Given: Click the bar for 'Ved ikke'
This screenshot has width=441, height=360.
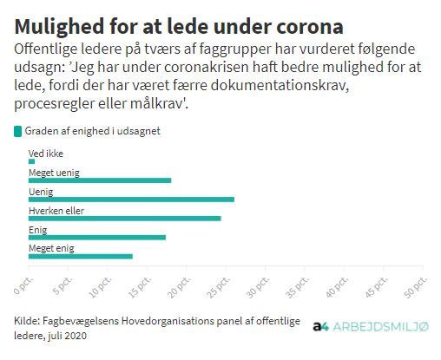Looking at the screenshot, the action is (31, 161).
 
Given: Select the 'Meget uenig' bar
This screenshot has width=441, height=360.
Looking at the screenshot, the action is (100, 180).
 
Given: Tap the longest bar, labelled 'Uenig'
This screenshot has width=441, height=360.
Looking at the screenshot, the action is (131, 200).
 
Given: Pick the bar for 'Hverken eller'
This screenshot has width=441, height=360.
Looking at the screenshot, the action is (125, 219).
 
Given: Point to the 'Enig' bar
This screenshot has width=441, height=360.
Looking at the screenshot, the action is (97, 238).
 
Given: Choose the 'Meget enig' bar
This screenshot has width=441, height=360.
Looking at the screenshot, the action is (81, 257).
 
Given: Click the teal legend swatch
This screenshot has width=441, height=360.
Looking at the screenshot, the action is (17, 131).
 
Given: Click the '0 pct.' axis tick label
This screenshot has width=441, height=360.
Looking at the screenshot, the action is (23, 285).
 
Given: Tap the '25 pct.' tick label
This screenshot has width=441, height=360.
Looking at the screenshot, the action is (219, 287).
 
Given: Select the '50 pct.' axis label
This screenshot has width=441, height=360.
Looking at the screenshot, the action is (416, 287).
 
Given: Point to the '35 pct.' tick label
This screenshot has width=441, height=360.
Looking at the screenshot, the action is (298, 287).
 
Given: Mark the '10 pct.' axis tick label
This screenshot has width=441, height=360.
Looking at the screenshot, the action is (100, 287).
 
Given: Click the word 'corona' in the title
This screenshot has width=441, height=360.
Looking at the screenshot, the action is (310, 27).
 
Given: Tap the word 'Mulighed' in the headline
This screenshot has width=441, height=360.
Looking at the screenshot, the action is (59, 27).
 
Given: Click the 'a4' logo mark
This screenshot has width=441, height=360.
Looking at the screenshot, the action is (320, 327).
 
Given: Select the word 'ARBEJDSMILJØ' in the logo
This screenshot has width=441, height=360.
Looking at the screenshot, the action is (380, 327).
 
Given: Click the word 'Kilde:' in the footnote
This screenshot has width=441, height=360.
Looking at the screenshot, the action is (27, 321).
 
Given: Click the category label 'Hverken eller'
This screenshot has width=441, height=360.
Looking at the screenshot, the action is (56, 211).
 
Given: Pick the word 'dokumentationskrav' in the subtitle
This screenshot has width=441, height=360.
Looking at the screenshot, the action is (280, 86).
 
